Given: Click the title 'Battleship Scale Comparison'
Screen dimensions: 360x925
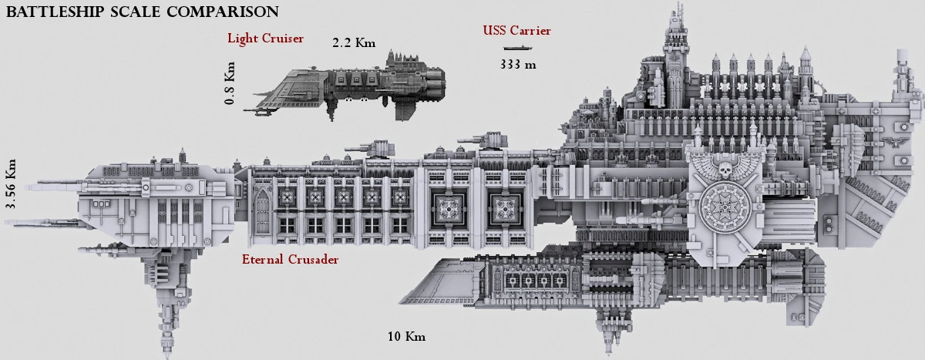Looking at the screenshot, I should click(143, 12).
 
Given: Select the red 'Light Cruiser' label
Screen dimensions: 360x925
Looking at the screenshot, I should click(265, 38).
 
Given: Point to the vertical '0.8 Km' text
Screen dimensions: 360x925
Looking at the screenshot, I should click(230, 82).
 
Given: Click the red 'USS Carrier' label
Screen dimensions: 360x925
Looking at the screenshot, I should click(516, 31).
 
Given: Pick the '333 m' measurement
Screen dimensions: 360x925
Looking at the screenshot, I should click(517, 65).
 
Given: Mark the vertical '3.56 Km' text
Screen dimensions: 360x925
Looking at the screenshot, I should click(11, 185).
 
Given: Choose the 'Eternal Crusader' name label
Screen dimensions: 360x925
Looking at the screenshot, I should click(290, 260).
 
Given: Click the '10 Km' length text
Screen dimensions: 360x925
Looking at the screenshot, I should click(406, 337).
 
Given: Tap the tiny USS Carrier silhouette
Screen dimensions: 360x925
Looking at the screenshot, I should click(516, 48).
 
